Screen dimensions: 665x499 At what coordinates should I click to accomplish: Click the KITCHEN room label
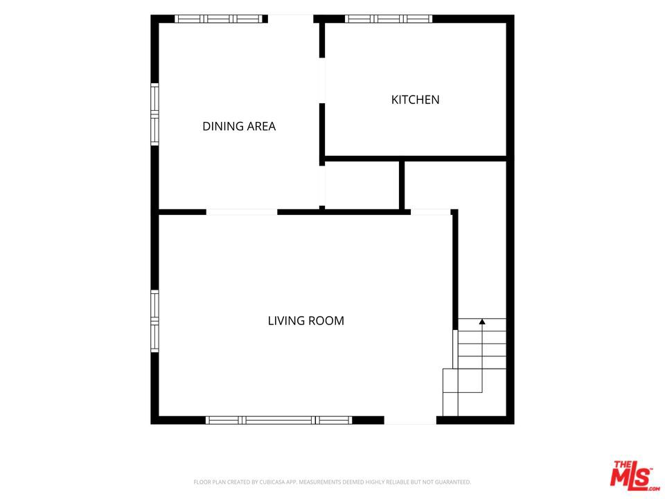(415, 100)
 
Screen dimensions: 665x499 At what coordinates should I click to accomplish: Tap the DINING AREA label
(239, 126)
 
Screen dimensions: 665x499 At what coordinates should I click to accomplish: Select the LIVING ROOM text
(305, 320)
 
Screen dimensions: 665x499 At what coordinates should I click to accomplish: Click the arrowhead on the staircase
(482, 322)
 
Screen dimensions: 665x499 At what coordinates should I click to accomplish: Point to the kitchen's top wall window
(389, 19)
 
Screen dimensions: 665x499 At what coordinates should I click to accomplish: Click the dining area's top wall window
(219, 19)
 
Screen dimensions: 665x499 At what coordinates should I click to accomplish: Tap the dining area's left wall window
(154, 114)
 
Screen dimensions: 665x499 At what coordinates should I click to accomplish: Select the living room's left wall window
(154, 321)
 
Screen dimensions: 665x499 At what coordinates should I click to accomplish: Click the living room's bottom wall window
(279, 420)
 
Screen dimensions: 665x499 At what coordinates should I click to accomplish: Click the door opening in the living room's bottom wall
(410, 420)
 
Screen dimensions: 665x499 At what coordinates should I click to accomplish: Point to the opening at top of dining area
(290, 19)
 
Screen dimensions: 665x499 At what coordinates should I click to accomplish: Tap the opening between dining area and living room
(242, 212)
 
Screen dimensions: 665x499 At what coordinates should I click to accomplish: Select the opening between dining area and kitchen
(322, 80)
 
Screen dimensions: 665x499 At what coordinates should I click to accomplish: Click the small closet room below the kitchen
(362, 185)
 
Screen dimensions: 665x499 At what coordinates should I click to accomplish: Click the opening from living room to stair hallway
(430, 212)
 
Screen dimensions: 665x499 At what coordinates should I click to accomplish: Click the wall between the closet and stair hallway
(402, 186)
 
